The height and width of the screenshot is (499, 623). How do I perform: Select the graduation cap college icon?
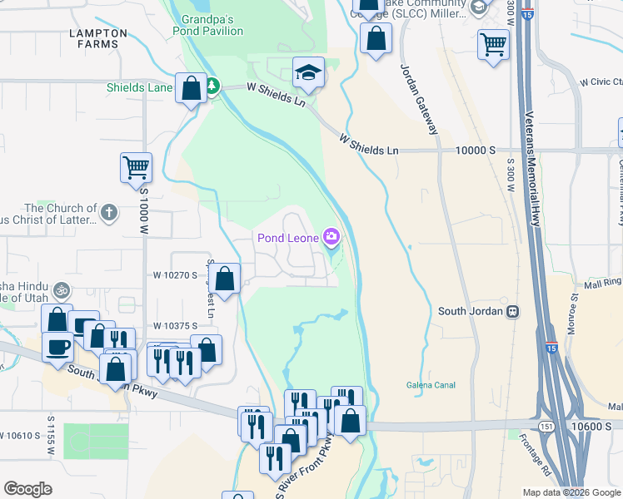tap(307, 72)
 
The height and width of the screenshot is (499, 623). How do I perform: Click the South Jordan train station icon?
tap(513, 312)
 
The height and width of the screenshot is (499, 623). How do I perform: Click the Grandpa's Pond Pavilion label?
tap(208, 24)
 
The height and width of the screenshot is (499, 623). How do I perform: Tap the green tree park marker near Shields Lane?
tap(212, 86)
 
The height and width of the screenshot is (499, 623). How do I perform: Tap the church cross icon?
tap(108, 212)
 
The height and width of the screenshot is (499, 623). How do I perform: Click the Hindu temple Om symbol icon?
tap(60, 291)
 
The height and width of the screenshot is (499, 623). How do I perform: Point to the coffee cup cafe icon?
tap(57, 345)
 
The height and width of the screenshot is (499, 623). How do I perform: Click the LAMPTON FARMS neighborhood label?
tap(99, 39)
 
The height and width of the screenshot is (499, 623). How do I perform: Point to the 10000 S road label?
tap(475, 151)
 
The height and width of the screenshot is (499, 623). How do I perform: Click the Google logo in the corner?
tap(28, 488)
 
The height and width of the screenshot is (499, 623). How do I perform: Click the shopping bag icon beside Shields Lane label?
tap(191, 87)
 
